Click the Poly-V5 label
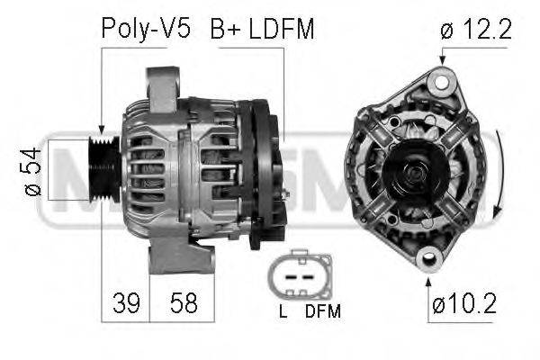tap(146, 29)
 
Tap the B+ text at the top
tap(226, 28)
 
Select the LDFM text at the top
tap(282, 28)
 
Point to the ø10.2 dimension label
tap(464, 303)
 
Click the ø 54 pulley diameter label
tap(32, 171)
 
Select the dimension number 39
tap(126, 303)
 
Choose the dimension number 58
tap(184, 303)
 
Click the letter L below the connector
tap(283, 311)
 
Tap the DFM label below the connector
tap(323, 311)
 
